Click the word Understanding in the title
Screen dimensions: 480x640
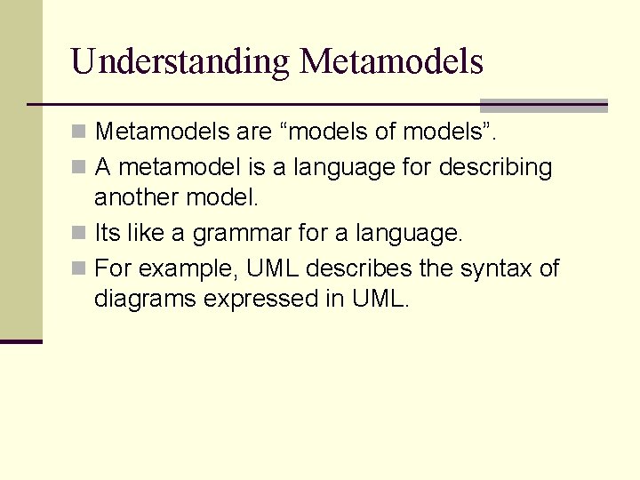point(180,62)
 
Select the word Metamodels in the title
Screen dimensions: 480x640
point(391,62)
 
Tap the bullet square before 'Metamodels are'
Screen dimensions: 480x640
point(80,133)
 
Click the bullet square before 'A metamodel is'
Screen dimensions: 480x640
point(80,167)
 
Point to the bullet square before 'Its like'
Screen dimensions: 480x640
point(80,235)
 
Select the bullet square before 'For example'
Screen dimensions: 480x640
point(80,268)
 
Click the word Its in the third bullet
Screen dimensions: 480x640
point(107,235)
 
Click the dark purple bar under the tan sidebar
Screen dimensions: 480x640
point(20,341)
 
